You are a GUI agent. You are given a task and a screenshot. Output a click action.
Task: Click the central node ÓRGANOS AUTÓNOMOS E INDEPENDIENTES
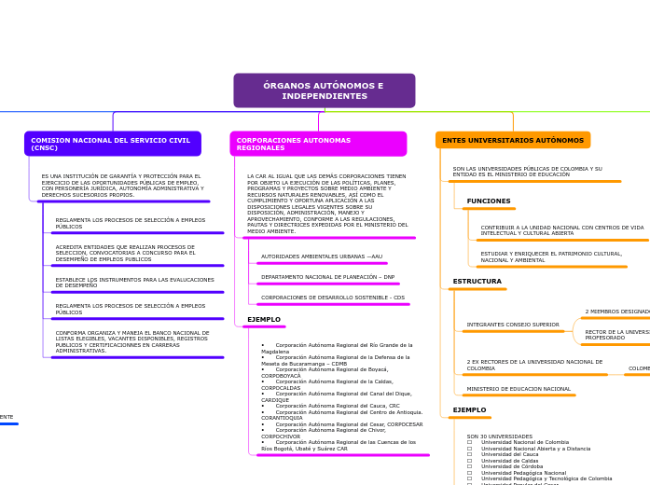[324, 90]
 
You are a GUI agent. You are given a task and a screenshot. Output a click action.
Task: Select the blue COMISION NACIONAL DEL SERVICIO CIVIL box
[112, 144]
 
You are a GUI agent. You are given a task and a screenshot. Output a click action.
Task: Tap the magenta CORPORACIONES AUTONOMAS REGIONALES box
[318, 144]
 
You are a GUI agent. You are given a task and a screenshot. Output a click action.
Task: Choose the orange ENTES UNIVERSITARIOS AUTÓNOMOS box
[513, 140]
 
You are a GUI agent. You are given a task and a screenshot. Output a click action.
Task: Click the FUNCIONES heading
[489, 201]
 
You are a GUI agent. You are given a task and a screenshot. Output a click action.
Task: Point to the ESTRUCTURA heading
[477, 282]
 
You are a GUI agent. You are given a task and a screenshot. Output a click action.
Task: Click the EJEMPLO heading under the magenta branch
[264, 320]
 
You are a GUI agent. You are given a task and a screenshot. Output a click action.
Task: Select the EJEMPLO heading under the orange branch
[469, 410]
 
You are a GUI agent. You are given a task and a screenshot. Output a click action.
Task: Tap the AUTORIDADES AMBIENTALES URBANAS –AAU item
[322, 256]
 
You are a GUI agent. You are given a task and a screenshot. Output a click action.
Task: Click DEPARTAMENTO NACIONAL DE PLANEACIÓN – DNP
[327, 277]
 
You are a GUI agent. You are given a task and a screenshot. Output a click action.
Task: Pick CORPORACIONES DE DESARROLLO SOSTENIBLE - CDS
[333, 298]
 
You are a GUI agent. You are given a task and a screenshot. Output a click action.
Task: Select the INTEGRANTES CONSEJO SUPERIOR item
[513, 325]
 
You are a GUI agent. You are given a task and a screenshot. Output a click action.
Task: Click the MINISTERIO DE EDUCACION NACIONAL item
[519, 389]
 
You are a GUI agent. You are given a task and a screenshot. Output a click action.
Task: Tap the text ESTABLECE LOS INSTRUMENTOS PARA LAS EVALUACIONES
[134, 282]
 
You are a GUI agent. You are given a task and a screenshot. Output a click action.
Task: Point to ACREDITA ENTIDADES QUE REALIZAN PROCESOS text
[125, 250]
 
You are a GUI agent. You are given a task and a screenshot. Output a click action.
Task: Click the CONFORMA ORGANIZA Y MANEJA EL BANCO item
[132, 341]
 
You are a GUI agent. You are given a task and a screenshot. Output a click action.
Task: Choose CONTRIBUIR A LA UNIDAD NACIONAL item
[562, 229]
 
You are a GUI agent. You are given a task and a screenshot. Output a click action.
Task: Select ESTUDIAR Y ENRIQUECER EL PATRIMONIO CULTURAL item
[551, 256]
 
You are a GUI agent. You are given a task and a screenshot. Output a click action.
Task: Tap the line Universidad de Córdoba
[512, 466]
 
